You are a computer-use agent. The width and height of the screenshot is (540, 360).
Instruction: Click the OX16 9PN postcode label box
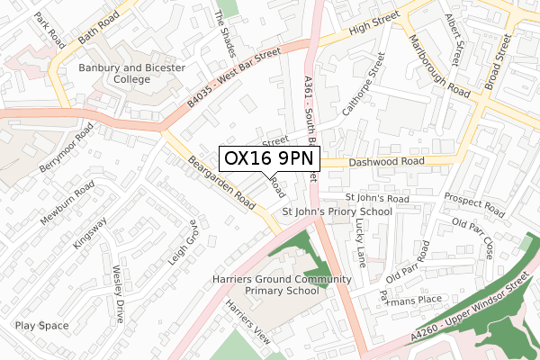(269, 158)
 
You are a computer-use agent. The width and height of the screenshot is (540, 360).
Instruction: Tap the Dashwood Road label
(386, 162)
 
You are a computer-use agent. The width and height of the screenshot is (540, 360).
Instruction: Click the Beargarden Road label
(220, 184)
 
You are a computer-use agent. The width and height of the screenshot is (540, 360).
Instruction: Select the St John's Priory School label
(337, 211)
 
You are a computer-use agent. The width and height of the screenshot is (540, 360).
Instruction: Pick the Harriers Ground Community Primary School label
(282, 285)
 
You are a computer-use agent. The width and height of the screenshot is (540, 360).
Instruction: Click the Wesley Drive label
(118, 293)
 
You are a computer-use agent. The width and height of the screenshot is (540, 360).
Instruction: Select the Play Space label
(41, 326)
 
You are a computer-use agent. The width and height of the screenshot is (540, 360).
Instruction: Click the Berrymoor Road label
(65, 148)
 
